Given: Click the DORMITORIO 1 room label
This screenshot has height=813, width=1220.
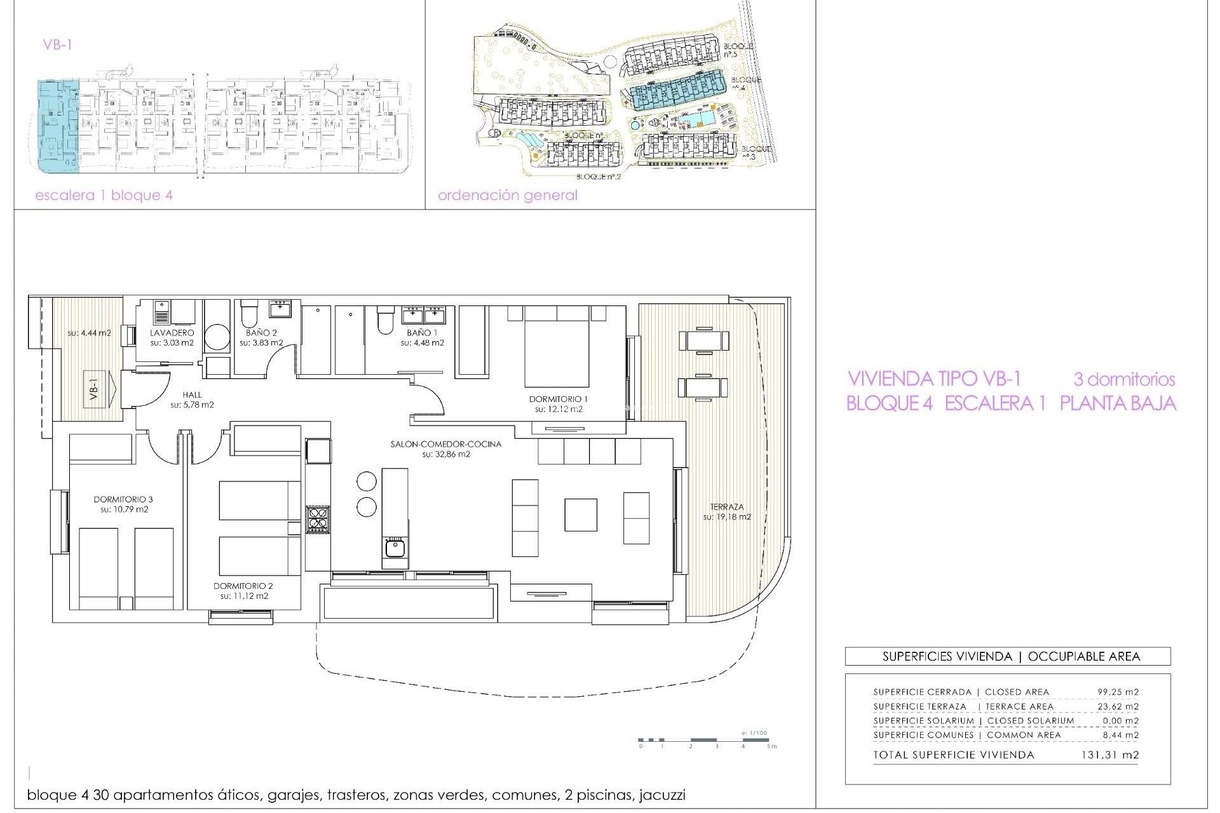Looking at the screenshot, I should coord(558,399).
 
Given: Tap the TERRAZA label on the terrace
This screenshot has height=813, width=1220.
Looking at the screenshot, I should coord(727,507).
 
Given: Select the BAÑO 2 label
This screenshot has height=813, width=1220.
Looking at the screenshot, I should coord(261,332).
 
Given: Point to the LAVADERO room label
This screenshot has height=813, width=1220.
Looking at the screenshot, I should coord(172,332).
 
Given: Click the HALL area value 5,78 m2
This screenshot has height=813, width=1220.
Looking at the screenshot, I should coord(192,405).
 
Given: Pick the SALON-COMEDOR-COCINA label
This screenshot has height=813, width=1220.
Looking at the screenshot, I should coord(445,444).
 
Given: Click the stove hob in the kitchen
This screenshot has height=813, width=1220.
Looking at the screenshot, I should coord(317,518).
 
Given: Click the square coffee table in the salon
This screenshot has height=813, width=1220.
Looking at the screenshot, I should coord(580,514).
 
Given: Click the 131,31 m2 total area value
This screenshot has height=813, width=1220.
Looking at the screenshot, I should coord(1109,755).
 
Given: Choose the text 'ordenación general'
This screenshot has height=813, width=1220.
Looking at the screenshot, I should coord(508,196).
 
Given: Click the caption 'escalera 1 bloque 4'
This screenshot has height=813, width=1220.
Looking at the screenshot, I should coord(104,196).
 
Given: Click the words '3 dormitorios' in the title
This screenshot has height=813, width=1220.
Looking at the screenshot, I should coord(1124,380).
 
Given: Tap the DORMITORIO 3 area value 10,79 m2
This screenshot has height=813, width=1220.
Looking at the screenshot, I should coord(124,509).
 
